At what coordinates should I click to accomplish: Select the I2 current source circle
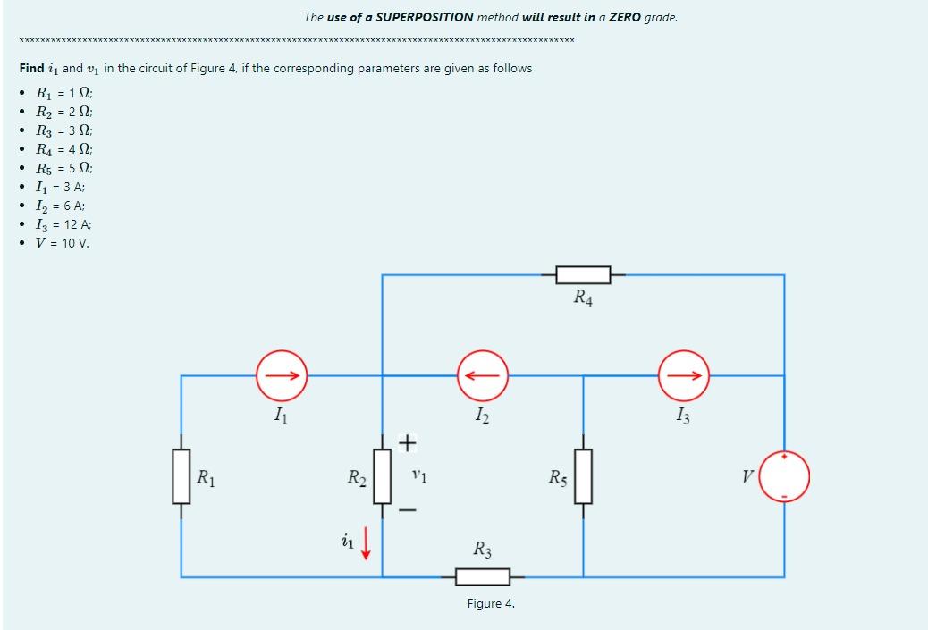click(484, 376)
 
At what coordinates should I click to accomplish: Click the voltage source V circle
click(785, 475)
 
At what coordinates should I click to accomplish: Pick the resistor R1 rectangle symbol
click(181, 475)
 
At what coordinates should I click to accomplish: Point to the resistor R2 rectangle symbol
click(383, 475)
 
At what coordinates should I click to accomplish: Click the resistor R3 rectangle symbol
click(483, 577)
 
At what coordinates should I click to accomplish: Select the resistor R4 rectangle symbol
click(583, 274)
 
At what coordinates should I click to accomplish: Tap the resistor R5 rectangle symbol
click(583, 475)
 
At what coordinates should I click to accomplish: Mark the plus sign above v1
click(407, 441)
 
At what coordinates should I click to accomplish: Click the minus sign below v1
click(407, 510)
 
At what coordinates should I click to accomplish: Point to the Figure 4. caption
click(491, 603)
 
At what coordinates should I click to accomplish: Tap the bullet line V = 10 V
click(62, 242)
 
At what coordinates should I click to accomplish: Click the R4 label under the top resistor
click(583, 298)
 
